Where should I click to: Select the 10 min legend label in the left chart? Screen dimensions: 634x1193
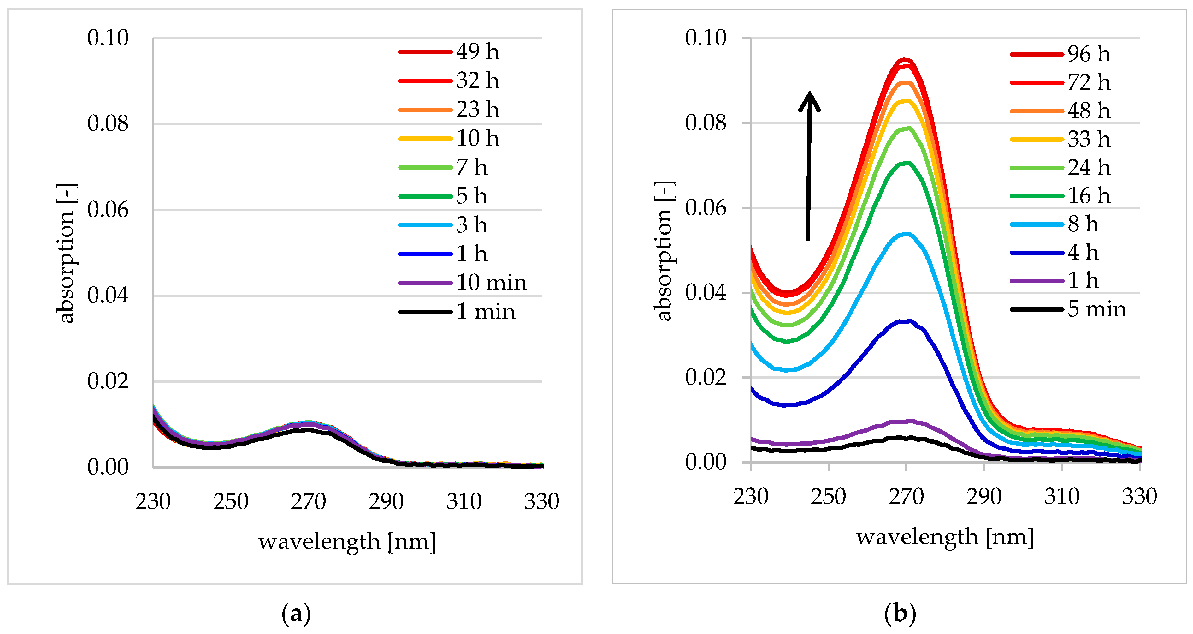pyautogui.click(x=491, y=283)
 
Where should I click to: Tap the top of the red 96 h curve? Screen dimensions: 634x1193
pyautogui.click(x=906, y=61)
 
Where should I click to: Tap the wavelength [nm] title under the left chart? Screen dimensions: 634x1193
pyautogui.click(x=347, y=541)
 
